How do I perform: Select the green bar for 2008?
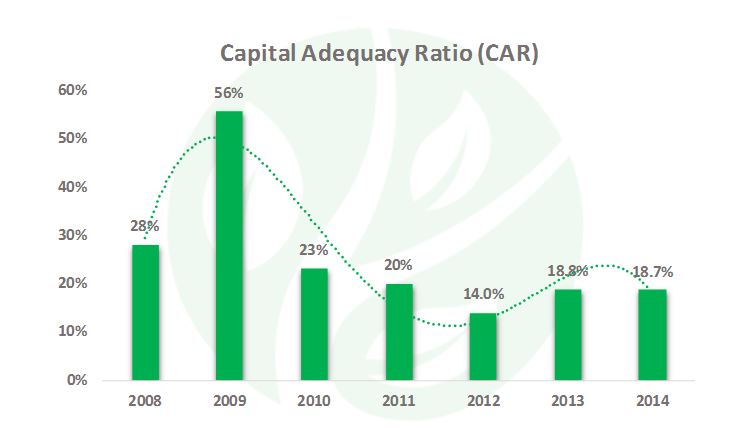pyautogui.click(x=145, y=312)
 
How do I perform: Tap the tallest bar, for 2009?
pyautogui.click(x=229, y=245)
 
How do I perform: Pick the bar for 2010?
pyautogui.click(x=313, y=324)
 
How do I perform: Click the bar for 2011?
pyautogui.click(x=398, y=331)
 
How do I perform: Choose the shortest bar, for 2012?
pyautogui.click(x=483, y=346)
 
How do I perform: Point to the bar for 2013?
pyautogui.click(x=567, y=334)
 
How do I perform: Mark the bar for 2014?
pyautogui.click(x=652, y=334)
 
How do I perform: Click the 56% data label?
pyautogui.click(x=229, y=93)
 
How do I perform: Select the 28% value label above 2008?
pyautogui.click(x=145, y=227)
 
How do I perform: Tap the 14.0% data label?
pyautogui.click(x=483, y=295)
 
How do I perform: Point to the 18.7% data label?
pyautogui.click(x=652, y=271)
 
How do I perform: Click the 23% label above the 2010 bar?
pyautogui.click(x=313, y=250)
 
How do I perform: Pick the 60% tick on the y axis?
pyautogui.click(x=75, y=90)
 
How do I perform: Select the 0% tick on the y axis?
pyautogui.click(x=79, y=380)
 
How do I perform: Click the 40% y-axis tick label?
pyautogui.click(x=75, y=187)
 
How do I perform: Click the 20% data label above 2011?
pyautogui.click(x=398, y=265)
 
